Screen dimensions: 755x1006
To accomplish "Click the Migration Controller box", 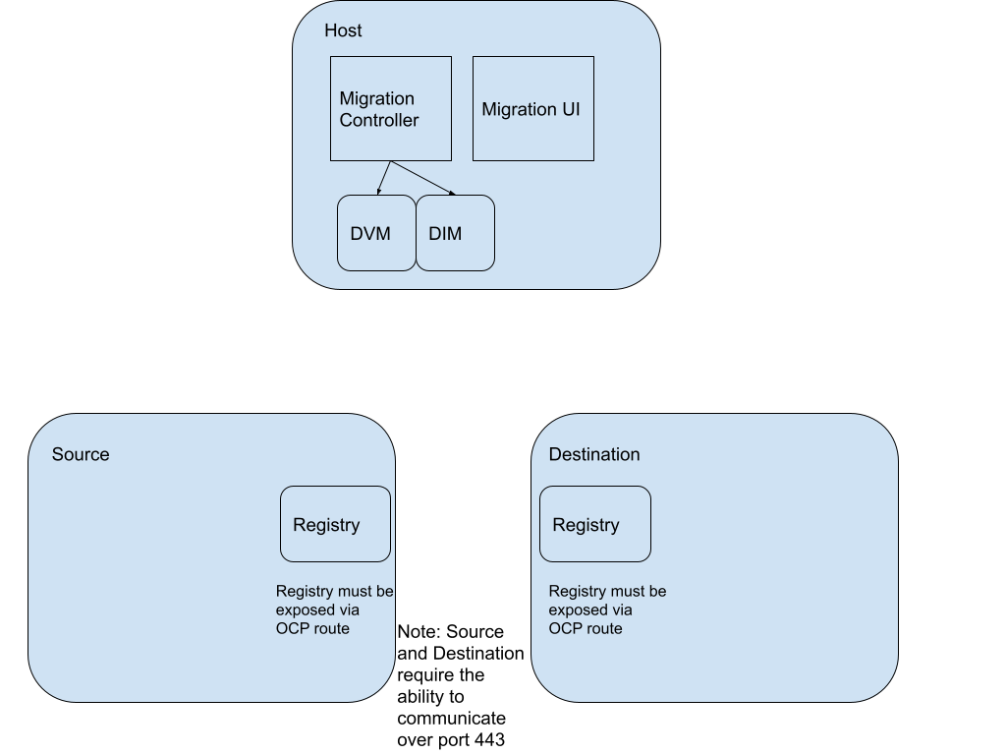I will (x=390, y=108).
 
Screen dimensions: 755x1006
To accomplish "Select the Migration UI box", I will (x=532, y=108).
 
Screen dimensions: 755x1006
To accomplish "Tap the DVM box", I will (x=375, y=233).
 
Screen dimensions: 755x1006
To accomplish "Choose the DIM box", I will (x=455, y=233).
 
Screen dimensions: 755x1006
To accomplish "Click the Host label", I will (x=343, y=31).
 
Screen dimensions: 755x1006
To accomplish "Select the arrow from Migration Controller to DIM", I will (x=422, y=178).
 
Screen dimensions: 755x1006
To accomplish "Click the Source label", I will (x=81, y=454).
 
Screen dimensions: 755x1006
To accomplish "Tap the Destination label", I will (x=594, y=454).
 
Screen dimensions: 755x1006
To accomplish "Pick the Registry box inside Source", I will (x=335, y=524).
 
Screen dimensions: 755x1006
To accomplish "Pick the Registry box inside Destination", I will (x=594, y=524).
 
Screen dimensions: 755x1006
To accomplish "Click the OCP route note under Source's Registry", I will (x=334, y=610).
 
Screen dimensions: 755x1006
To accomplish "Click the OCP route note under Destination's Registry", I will (x=607, y=610).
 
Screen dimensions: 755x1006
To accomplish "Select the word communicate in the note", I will (x=452, y=719).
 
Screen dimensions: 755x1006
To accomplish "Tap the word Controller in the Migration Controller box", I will (x=379, y=121).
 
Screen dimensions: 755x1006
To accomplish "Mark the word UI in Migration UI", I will (x=571, y=109).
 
